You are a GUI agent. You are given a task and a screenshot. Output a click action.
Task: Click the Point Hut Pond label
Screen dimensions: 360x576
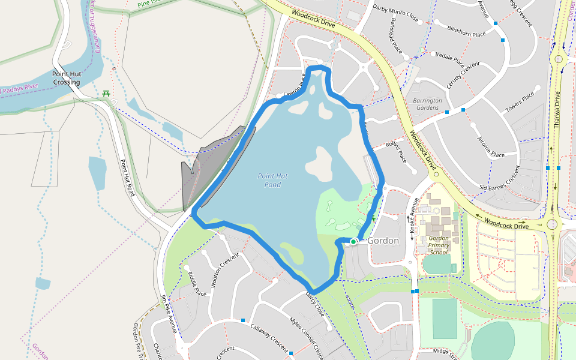[x=273, y=180]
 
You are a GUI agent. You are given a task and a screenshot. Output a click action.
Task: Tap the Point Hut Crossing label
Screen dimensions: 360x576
[x=66, y=78]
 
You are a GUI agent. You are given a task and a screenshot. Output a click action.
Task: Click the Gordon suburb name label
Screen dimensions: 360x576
[x=383, y=241]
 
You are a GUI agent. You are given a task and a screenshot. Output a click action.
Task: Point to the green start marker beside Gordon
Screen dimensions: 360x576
[x=353, y=241]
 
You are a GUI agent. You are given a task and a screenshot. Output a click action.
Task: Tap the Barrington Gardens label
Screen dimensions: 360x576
[x=427, y=104]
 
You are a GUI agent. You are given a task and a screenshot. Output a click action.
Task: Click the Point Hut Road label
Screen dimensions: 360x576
[x=127, y=178]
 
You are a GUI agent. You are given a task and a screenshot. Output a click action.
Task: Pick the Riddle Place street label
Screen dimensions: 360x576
[x=197, y=284]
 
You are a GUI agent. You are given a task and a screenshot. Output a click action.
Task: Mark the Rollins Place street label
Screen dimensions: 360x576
[x=396, y=152]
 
